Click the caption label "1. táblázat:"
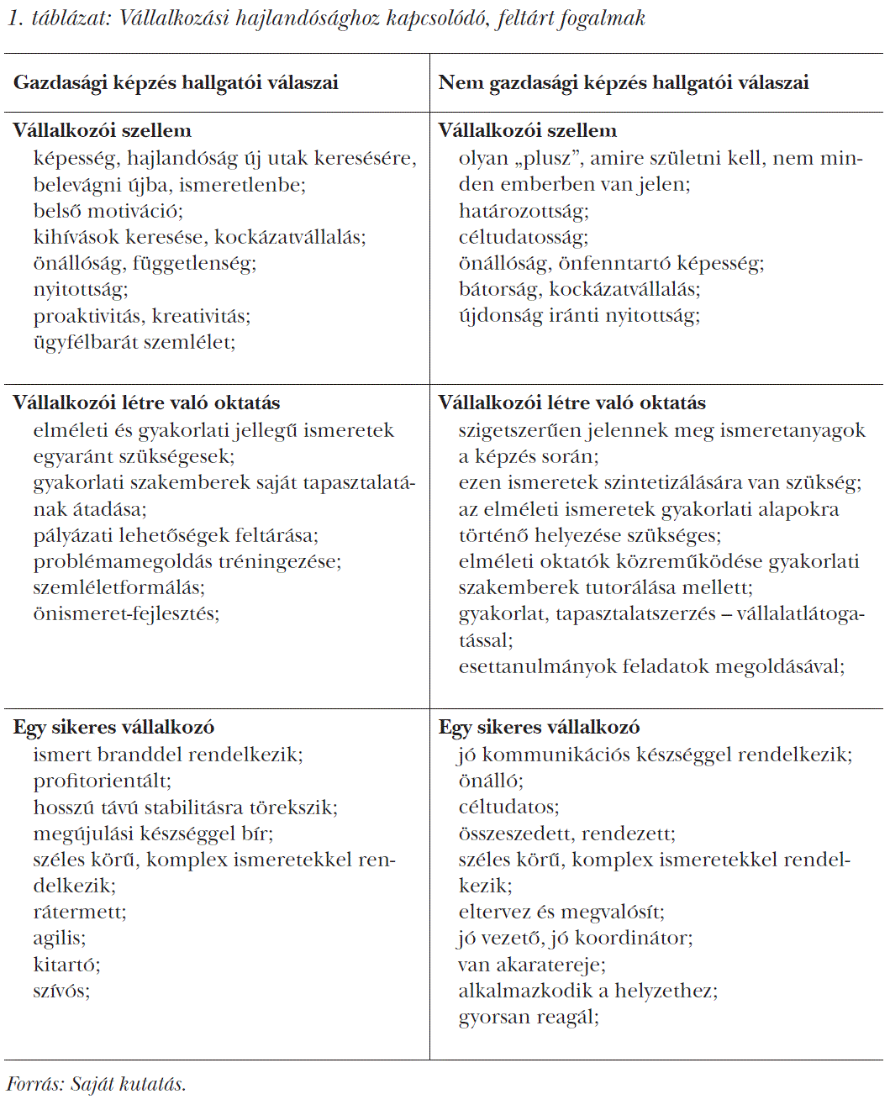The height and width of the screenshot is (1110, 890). pyautogui.click(x=59, y=18)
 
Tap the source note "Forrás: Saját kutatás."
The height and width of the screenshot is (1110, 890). pyautogui.click(x=96, y=1084)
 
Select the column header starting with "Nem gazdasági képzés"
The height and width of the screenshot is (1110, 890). pyautogui.click(x=623, y=82)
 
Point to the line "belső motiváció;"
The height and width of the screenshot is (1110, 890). pyautogui.click(x=108, y=211)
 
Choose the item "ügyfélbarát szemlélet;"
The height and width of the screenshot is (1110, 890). pyautogui.click(x=134, y=342)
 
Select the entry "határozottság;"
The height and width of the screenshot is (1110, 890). pyautogui.click(x=524, y=211)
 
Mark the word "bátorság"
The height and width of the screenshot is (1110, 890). pyautogui.click(x=498, y=290)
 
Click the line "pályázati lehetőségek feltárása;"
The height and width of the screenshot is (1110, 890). pyautogui.click(x=176, y=535)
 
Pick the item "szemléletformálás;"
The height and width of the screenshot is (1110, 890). pyautogui.click(x=118, y=587)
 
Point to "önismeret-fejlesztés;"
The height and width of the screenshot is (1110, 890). pyautogui.click(x=126, y=613)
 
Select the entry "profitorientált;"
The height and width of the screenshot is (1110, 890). pyautogui.click(x=102, y=781)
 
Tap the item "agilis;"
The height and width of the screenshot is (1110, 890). pyautogui.click(x=59, y=938)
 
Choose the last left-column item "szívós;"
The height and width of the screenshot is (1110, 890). pyautogui.click(x=61, y=991)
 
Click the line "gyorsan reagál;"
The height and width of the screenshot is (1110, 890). pyautogui.click(x=529, y=1017)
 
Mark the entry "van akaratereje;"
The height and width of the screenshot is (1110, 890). pyautogui.click(x=531, y=965)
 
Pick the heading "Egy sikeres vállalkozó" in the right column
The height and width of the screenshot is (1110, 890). pyautogui.click(x=539, y=727)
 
